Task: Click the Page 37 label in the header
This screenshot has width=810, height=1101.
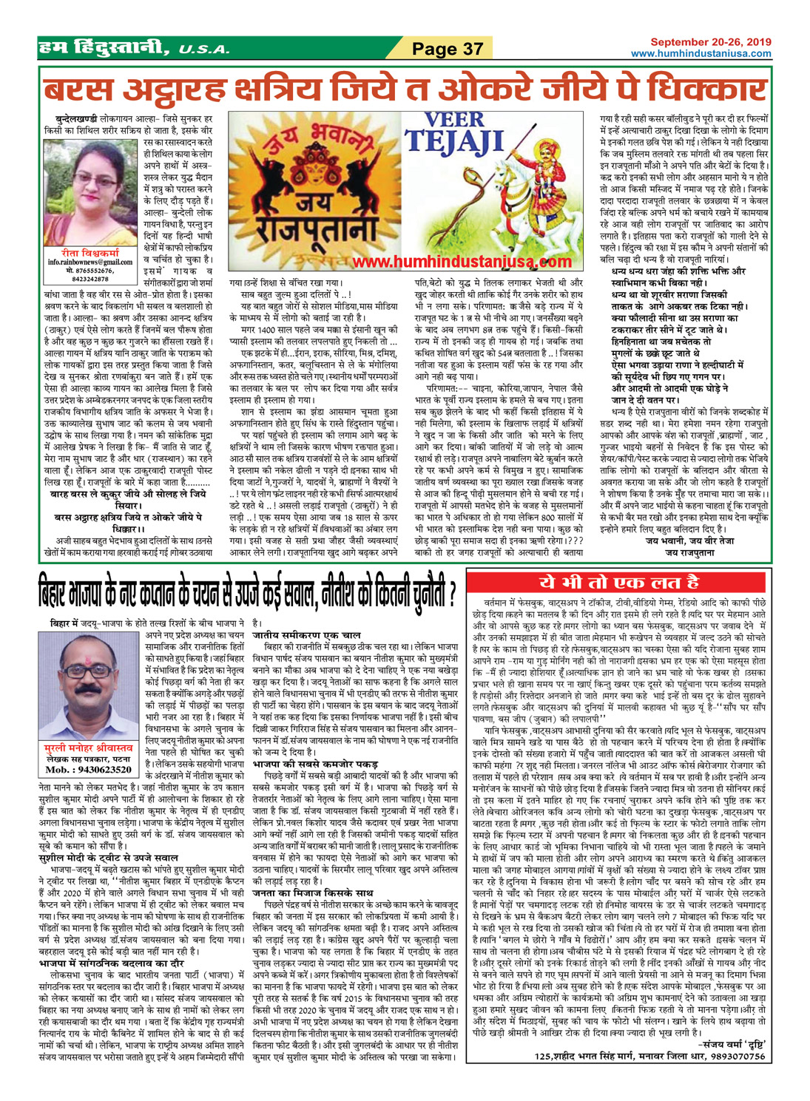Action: (448, 50)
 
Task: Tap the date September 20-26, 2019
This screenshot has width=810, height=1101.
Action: (712, 42)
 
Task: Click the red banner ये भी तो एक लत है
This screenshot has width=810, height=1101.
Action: (619, 580)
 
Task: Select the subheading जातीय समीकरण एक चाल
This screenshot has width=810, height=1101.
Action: (307, 634)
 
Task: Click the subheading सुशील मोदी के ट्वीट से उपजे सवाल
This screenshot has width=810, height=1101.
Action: (108, 837)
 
